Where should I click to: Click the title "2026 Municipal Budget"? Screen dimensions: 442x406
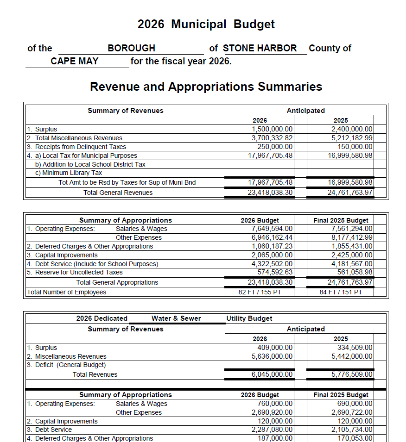206,25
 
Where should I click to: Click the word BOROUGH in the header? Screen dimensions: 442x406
131,48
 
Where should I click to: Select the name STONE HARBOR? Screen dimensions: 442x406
260,48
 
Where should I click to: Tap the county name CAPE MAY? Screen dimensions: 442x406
75,61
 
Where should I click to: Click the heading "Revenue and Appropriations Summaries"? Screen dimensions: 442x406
206,87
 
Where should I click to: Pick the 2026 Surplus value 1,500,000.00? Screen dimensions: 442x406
272,129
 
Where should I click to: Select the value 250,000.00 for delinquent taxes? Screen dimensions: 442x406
275,147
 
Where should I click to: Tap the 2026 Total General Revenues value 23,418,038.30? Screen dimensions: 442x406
270,193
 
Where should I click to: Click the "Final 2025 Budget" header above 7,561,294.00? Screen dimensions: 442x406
341,220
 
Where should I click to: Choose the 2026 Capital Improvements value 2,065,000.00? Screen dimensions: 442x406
272,255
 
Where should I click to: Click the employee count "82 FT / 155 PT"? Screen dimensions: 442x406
260,292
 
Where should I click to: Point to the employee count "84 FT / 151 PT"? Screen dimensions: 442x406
341,292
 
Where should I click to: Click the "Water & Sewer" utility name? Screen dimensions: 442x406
176,318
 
